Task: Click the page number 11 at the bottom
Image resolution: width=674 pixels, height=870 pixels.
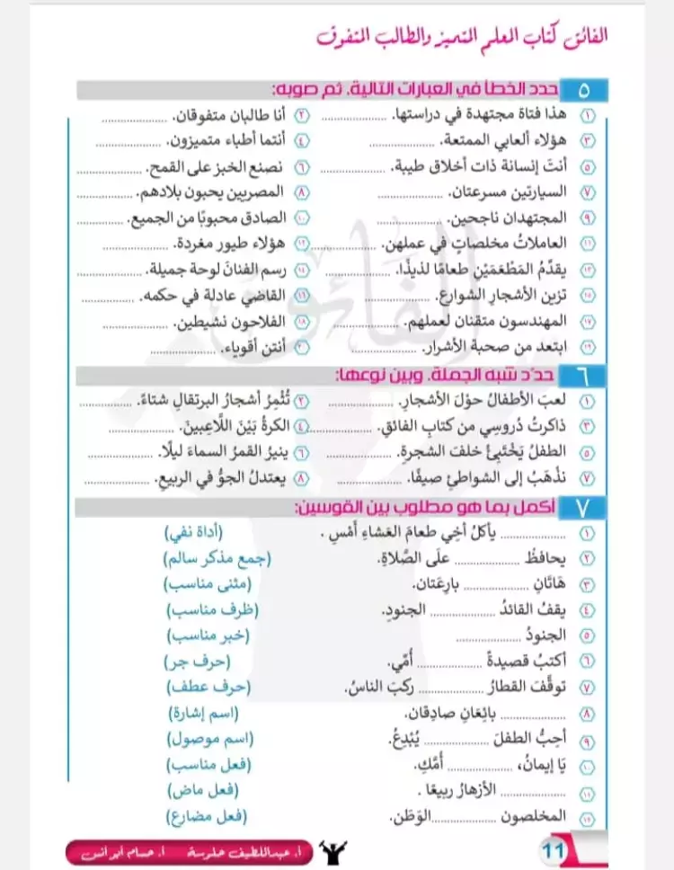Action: point(554,848)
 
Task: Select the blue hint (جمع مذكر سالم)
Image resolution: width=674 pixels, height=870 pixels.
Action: point(217,560)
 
